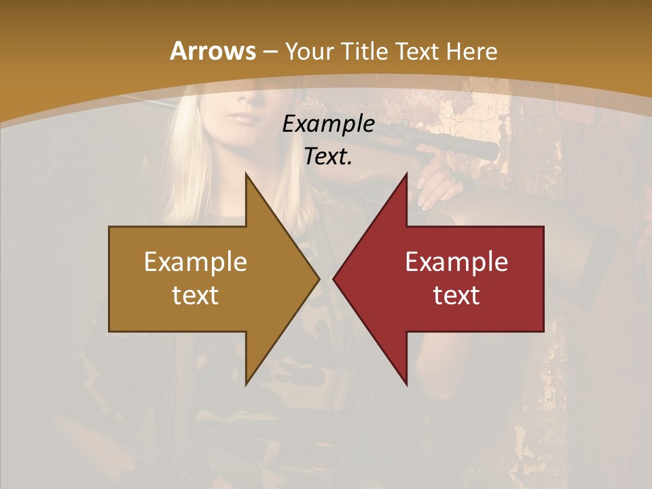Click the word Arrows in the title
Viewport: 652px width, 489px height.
pyautogui.click(x=213, y=52)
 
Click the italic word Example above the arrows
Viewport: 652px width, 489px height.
pyautogui.click(x=328, y=124)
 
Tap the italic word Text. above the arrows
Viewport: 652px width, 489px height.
pyautogui.click(x=328, y=156)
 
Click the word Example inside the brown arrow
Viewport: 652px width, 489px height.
pyautogui.click(x=196, y=261)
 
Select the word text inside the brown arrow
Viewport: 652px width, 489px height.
pyautogui.click(x=196, y=295)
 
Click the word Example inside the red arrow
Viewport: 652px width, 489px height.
pyautogui.click(x=456, y=261)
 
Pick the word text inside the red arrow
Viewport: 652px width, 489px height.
pyautogui.click(x=456, y=295)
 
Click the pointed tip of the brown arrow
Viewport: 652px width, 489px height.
pyautogui.click(x=319, y=278)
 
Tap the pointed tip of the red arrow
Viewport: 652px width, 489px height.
pyautogui.click(x=333, y=278)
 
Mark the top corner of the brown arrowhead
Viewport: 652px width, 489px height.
pyautogui.click(x=246, y=174)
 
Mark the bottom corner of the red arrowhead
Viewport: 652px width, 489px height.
pyautogui.click(x=407, y=384)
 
